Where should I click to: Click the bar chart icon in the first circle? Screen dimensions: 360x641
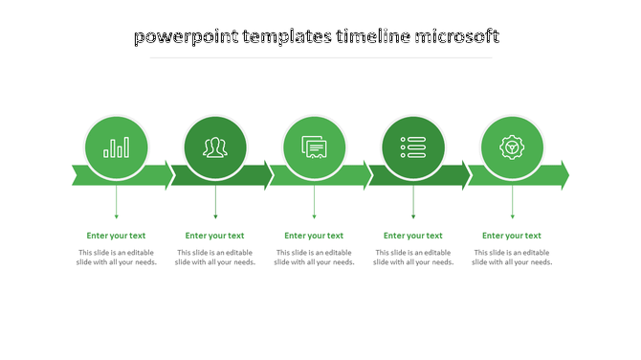click(x=117, y=147)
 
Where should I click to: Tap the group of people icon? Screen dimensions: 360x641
click(x=215, y=147)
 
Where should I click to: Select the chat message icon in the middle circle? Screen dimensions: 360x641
click(x=314, y=147)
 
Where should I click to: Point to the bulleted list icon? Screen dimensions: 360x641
click(x=413, y=147)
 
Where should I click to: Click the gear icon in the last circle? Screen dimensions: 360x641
click(x=512, y=147)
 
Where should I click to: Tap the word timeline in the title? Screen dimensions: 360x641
click(x=372, y=37)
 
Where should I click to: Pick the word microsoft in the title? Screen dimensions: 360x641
click(x=456, y=37)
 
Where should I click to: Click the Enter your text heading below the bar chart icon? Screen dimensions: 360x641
click(x=117, y=236)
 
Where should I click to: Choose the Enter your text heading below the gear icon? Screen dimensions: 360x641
click(x=512, y=236)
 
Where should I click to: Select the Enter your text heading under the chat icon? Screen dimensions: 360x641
click(x=314, y=236)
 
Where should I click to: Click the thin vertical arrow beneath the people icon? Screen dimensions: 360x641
click(x=215, y=202)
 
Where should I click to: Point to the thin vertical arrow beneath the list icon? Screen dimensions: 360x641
click(x=413, y=202)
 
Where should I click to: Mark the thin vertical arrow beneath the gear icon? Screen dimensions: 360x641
click(x=512, y=202)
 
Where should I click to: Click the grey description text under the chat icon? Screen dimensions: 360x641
click(x=314, y=258)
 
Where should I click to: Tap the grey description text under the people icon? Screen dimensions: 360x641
click(x=215, y=258)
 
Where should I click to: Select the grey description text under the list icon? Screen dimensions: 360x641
click(x=413, y=258)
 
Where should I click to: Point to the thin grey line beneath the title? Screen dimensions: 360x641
click(x=320, y=57)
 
